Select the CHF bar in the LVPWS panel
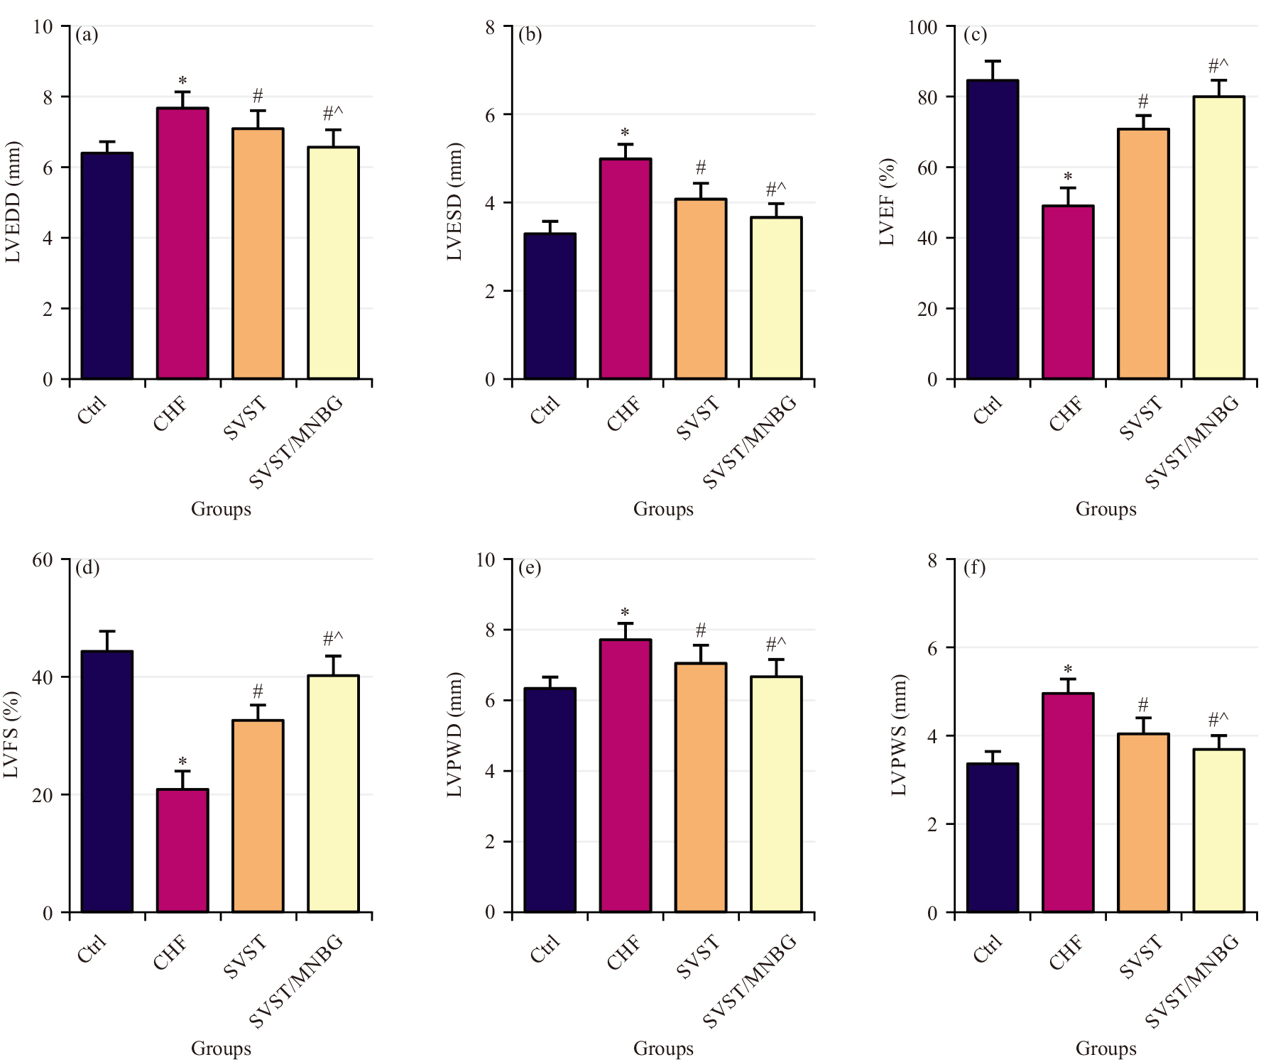click(1068, 802)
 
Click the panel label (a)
click(87, 35)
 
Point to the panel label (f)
click(974, 568)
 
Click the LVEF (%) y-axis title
click(888, 202)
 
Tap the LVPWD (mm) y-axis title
click(454, 735)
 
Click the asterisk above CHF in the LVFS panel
click(182, 762)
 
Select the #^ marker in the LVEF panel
click(1218, 67)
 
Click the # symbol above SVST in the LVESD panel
click(701, 168)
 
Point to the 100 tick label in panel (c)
click(922, 28)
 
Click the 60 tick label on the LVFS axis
click(43, 560)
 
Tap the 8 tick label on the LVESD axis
click(491, 28)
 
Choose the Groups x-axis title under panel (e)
click(663, 1049)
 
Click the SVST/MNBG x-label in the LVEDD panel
click(297, 442)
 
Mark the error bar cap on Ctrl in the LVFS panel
click(107, 631)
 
